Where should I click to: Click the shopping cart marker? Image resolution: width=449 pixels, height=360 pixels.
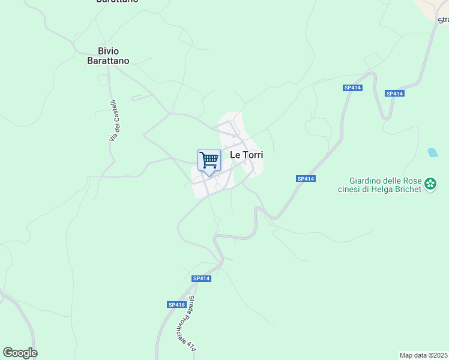click(209, 161)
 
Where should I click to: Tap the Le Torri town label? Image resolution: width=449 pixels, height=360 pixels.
click(247, 154)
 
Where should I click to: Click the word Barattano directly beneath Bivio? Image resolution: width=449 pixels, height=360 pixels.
click(109, 61)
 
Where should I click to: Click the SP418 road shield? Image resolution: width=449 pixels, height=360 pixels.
click(176, 305)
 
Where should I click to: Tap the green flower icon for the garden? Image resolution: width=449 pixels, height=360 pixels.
click(430, 183)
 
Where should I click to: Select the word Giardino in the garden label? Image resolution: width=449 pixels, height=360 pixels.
click(366, 180)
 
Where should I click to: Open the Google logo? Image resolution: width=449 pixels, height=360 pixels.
click(20, 353)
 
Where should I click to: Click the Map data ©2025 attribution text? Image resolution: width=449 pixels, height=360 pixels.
click(423, 355)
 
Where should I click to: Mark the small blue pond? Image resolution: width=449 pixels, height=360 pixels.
click(432, 152)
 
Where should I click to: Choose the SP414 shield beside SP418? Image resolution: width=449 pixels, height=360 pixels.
click(202, 278)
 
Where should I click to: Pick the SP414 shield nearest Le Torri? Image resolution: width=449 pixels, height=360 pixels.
click(306, 179)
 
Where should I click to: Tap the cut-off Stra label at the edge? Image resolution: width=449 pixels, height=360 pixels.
click(443, 20)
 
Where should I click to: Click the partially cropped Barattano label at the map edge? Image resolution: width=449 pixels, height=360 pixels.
click(117, 2)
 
